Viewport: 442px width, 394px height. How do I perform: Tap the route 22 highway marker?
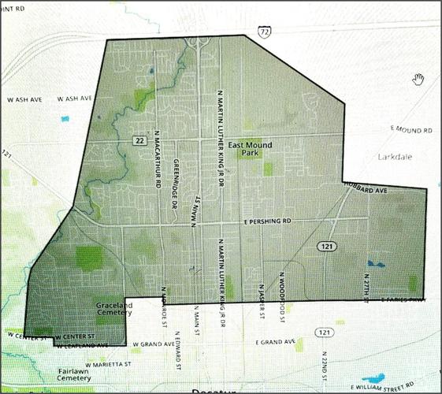coord(139,139)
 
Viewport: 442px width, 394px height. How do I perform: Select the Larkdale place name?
coord(394,154)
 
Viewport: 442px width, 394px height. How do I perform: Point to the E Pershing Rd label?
coord(267,222)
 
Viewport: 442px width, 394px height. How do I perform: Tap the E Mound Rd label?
coord(410,128)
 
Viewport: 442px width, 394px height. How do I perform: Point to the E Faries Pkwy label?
coord(403,300)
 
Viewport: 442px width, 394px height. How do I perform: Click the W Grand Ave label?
coord(153,344)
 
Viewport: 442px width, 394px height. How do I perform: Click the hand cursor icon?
coord(419,78)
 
